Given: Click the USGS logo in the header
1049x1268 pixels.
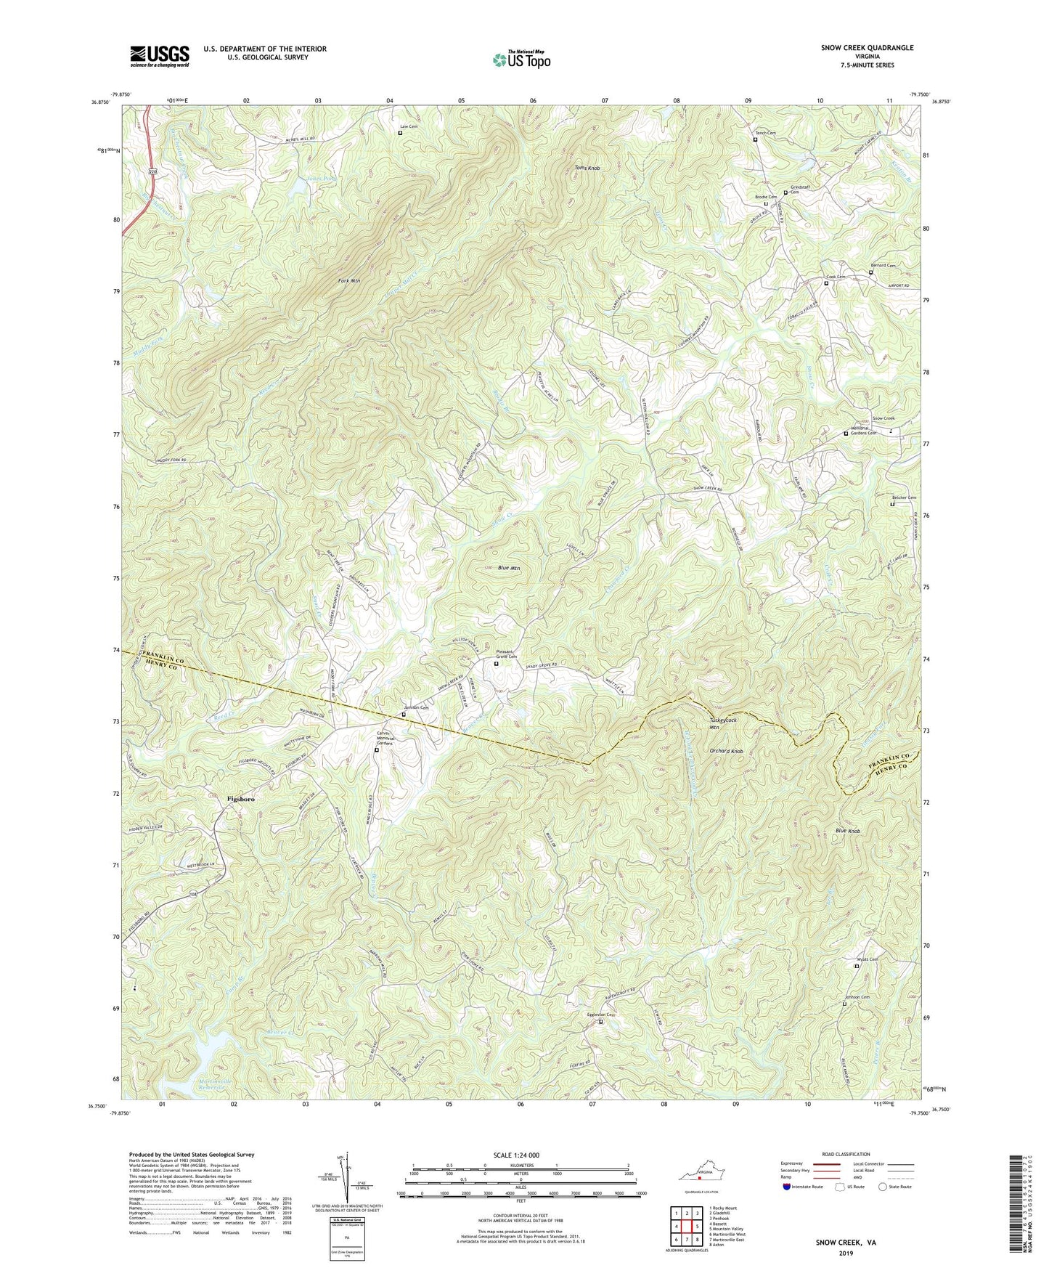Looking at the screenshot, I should point(160,56).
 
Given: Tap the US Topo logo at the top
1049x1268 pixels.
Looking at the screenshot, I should point(521,60).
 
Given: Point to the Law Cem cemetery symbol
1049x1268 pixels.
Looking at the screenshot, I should point(400,133).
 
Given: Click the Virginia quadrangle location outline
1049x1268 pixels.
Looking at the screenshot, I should point(700,1175).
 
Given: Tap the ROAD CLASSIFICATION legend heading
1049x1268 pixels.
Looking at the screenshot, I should point(846,1154).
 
